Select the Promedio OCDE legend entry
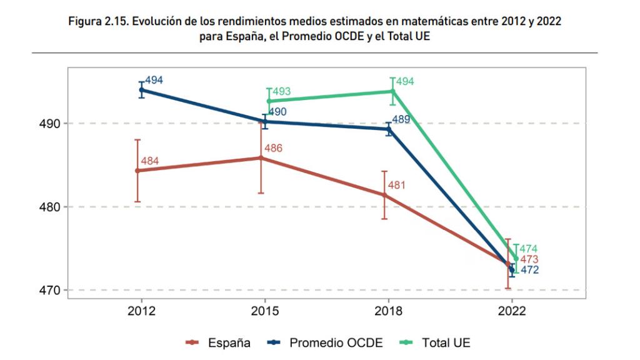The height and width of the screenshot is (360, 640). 335,342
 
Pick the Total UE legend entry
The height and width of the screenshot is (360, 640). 446,342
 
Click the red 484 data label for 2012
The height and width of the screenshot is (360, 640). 150,161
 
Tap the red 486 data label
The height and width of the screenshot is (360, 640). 274,148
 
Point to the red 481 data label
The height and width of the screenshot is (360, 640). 397,185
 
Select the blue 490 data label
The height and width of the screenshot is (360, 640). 277,112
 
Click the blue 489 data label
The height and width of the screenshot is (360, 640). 401,119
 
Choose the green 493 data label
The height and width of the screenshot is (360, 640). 281,92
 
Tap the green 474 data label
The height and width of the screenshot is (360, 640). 528,249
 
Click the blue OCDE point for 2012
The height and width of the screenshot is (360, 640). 141,89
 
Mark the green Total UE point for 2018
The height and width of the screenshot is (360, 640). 392,91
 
